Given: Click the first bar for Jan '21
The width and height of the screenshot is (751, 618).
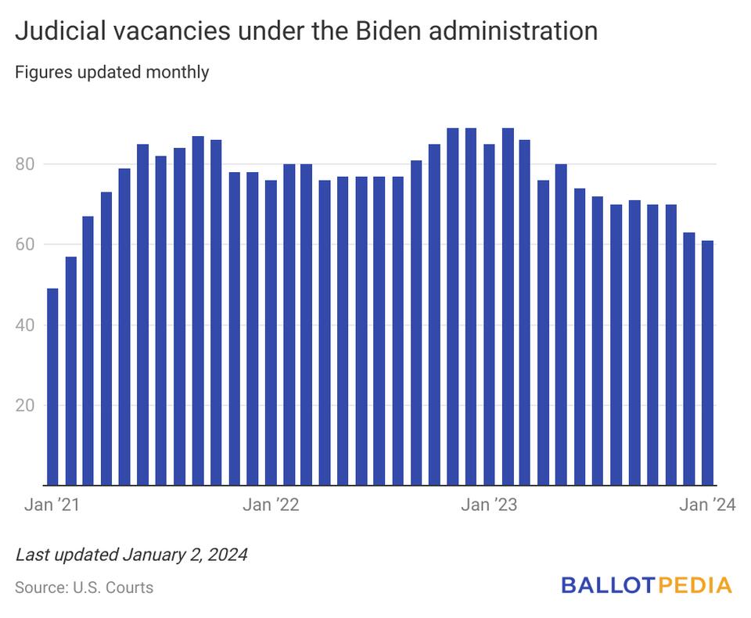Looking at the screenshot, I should tap(52, 387).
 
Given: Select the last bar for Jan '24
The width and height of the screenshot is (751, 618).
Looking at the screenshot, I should tap(707, 363).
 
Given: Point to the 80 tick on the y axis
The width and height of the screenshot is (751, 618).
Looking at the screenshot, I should tap(27, 164).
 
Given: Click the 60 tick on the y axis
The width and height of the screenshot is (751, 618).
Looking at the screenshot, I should tap(27, 245).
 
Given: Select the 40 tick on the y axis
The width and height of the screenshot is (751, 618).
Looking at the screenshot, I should tap(27, 325).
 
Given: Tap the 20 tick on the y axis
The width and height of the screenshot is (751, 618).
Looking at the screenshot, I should tap(27, 406).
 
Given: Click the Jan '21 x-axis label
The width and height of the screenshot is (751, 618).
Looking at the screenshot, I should tap(52, 505).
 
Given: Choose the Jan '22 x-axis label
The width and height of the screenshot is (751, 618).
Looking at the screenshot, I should tap(271, 505).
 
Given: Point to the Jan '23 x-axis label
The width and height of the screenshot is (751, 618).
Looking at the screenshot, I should tap(489, 505).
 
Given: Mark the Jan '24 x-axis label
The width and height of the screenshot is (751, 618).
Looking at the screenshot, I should tap(707, 505).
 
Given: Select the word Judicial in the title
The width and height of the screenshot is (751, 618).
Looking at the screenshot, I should tap(60, 31).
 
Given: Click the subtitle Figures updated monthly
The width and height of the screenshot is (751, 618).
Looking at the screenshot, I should tap(112, 73).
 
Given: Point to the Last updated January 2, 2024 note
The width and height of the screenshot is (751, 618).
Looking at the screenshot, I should tap(131, 555).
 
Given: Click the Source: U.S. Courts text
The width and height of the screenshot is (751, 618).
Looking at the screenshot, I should tap(84, 587).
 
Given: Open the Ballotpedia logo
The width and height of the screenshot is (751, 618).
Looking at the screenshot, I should tap(646, 585).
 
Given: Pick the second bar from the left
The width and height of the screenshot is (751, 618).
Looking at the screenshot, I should tap(70, 371).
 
